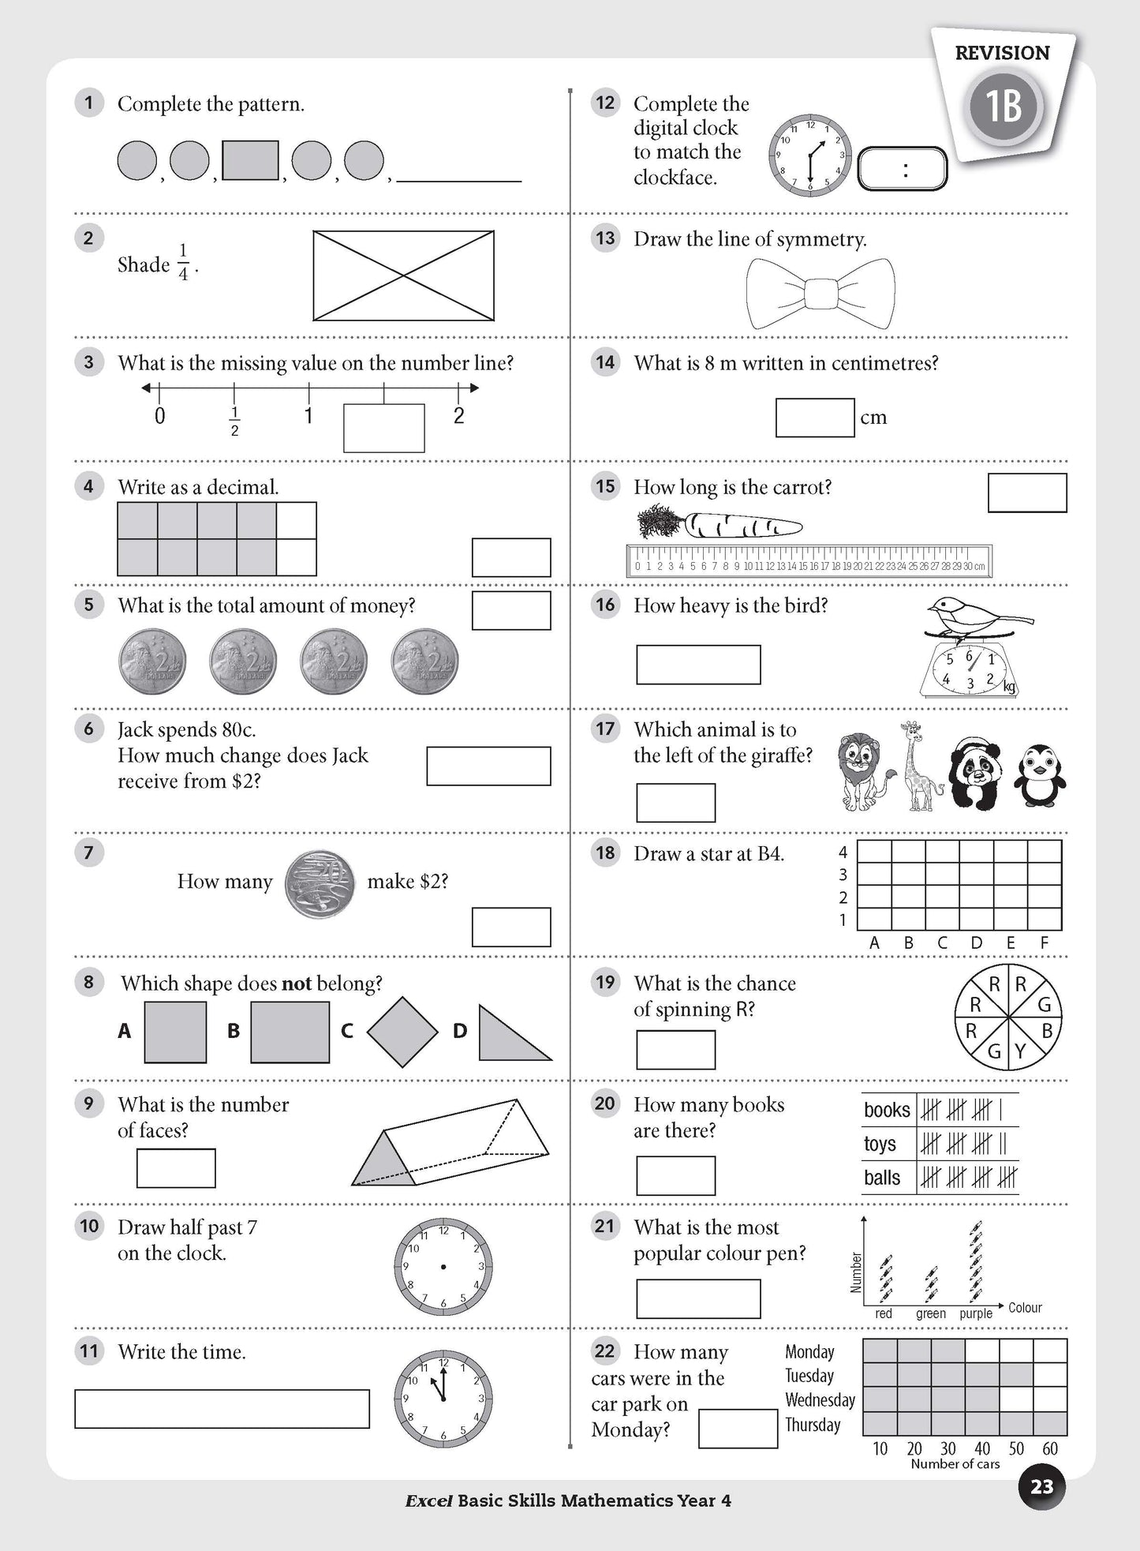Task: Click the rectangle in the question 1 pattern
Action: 250,160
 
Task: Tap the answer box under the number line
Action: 383,429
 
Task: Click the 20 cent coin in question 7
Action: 320,884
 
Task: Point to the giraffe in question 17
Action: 918,766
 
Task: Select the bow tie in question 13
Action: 820,294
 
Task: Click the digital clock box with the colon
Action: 902,169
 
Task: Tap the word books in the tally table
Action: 887,1110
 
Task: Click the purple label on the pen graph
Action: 975,1313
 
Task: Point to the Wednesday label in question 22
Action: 820,1400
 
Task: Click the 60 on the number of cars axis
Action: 1049,1448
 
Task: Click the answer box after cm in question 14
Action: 814,418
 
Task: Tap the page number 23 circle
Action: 1041,1487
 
